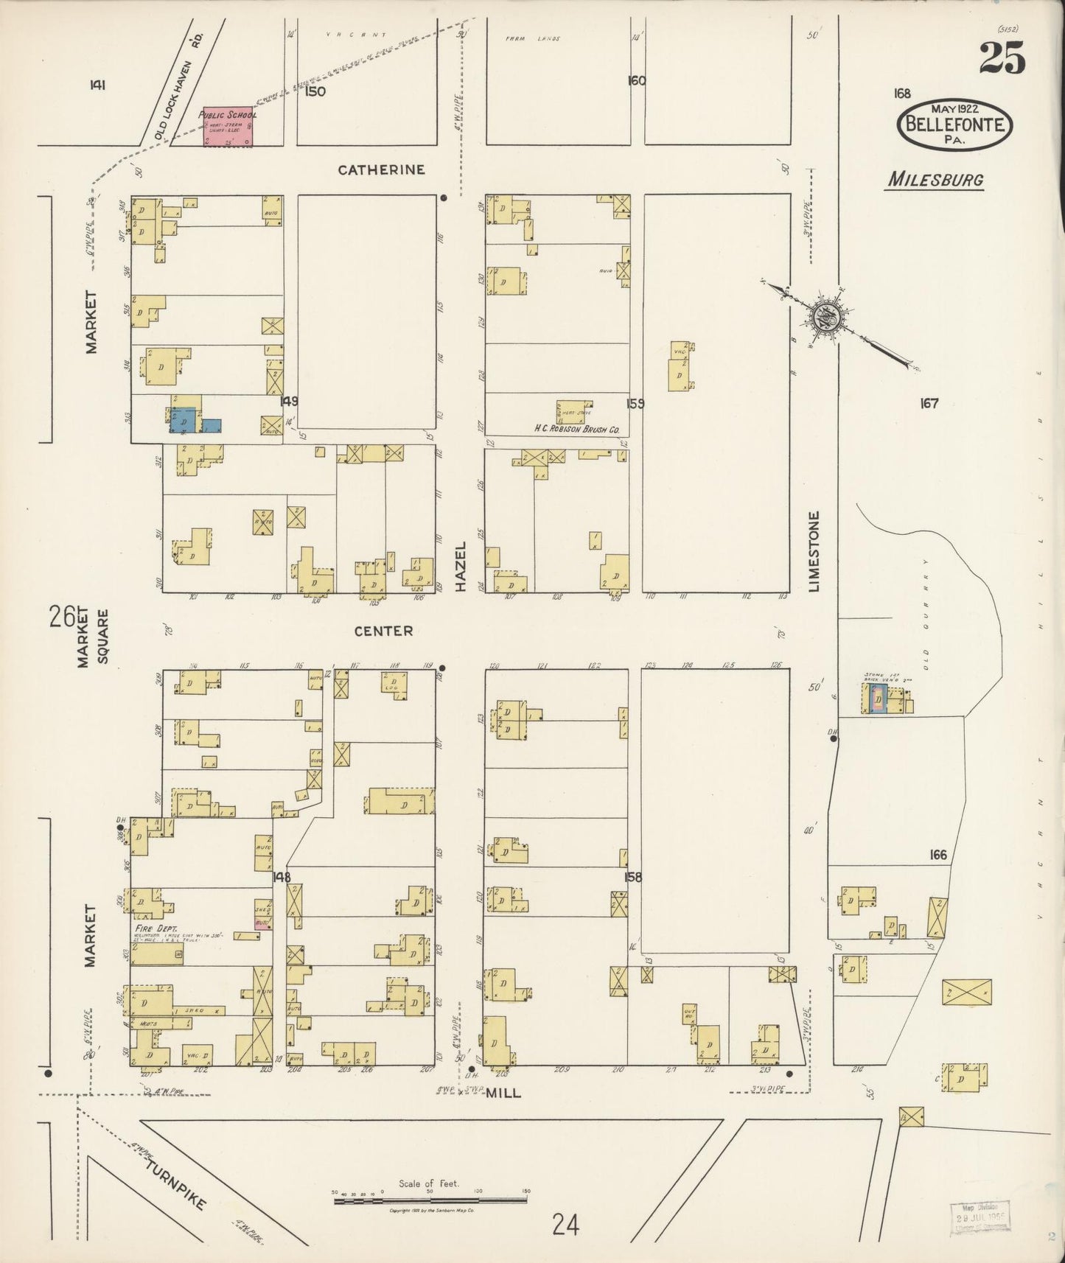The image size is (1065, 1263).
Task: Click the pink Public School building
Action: click(x=228, y=127)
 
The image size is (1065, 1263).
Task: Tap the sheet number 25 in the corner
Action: click(x=1002, y=58)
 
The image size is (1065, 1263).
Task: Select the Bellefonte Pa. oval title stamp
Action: click(x=954, y=125)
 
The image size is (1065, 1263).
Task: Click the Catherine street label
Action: click(x=381, y=170)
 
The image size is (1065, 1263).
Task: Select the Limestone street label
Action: click(x=814, y=551)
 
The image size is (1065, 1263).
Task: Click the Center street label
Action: click(x=383, y=631)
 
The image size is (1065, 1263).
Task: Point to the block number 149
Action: click(x=289, y=401)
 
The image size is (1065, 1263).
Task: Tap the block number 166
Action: click(x=937, y=856)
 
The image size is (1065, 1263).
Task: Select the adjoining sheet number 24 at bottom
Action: click(x=566, y=1225)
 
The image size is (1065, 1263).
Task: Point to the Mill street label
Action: click(x=503, y=1093)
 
